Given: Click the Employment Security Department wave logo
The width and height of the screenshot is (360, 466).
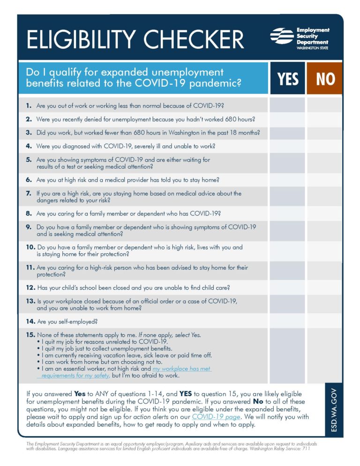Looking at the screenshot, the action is (x=282, y=36).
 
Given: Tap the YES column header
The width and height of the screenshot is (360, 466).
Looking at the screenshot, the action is (x=287, y=78).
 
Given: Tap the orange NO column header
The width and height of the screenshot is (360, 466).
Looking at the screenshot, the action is (x=325, y=78).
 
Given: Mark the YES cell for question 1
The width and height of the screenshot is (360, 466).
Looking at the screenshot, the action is (x=287, y=105).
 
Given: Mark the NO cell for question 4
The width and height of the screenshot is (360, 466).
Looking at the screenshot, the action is (x=325, y=146).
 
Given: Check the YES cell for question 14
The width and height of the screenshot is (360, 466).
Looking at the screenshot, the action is (x=287, y=321).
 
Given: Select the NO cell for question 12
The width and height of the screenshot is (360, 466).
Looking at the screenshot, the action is (x=325, y=287).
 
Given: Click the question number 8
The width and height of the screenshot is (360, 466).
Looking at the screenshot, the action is (x=29, y=213).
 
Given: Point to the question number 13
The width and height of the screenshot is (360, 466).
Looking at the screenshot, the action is (x=30, y=301).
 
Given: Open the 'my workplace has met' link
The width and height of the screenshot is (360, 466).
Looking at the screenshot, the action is (x=181, y=369).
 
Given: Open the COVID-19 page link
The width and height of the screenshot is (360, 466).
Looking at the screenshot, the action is (x=216, y=417).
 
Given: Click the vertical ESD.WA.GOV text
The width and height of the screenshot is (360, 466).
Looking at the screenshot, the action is (x=334, y=410).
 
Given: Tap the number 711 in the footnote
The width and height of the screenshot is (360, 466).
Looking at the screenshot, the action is (x=306, y=449).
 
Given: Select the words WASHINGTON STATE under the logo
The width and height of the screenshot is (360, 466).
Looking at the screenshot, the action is (x=313, y=48).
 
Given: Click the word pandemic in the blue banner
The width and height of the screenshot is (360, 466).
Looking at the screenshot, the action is (x=215, y=83).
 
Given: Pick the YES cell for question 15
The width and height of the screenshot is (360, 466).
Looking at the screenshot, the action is (x=287, y=355).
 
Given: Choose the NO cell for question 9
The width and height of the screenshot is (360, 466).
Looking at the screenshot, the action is (x=325, y=230).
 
